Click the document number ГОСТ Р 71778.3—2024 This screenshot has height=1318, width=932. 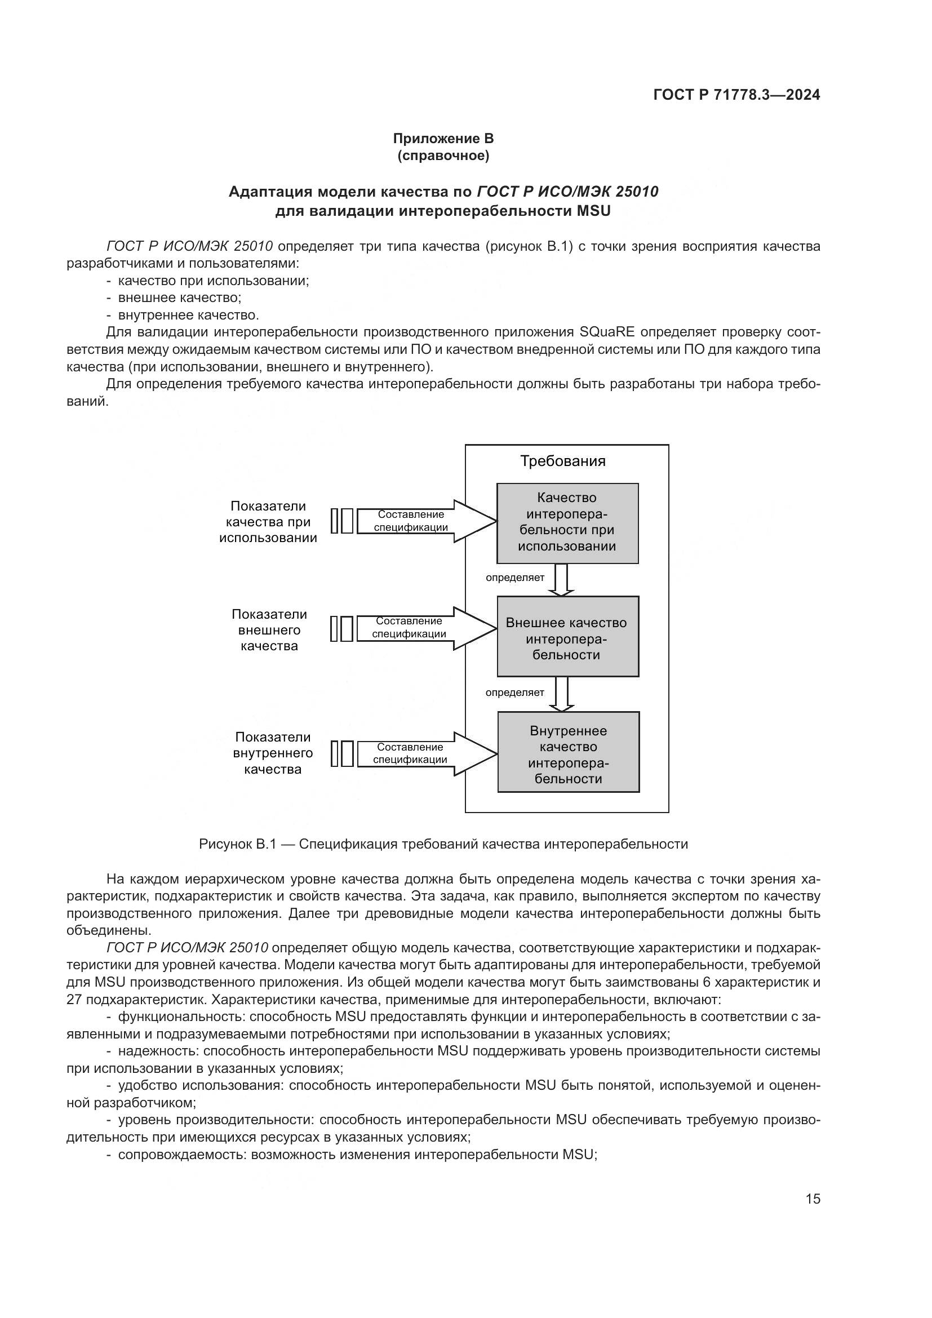[x=736, y=95]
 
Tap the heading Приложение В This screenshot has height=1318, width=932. [x=443, y=139]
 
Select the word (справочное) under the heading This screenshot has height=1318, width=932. [x=443, y=156]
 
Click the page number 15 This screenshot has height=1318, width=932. [x=813, y=1199]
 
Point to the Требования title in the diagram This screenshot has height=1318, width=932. [x=562, y=461]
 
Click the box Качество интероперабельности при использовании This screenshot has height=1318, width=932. [x=567, y=522]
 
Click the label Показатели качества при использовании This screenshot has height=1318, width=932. [x=268, y=522]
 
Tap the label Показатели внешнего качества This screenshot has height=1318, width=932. [x=269, y=630]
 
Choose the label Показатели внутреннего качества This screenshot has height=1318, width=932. [x=273, y=753]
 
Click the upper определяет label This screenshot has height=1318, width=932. [x=515, y=578]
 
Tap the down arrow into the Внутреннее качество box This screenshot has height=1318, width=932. [x=561, y=694]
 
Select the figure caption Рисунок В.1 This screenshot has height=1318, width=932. [x=443, y=844]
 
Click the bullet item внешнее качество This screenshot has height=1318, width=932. [x=179, y=298]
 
